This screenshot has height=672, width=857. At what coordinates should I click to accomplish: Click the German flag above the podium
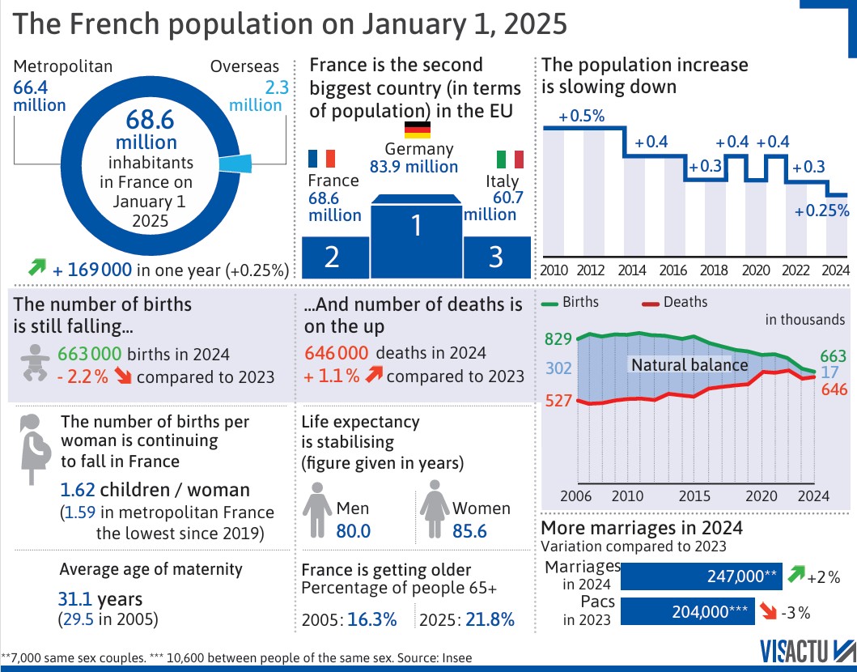point(418,130)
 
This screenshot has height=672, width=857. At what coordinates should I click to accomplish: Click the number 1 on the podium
point(416,226)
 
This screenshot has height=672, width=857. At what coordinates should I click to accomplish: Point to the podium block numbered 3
point(496,257)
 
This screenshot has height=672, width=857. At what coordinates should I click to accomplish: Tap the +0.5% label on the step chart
point(582,116)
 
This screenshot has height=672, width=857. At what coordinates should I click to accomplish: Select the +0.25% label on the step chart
point(821,211)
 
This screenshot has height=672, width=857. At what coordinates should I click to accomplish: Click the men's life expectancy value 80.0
point(353,531)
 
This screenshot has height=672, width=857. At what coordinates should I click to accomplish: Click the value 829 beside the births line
point(558,338)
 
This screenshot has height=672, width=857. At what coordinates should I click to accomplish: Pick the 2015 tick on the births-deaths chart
point(690,495)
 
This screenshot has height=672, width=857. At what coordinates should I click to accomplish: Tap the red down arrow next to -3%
point(770,611)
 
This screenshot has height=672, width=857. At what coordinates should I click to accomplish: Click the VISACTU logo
point(806,651)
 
